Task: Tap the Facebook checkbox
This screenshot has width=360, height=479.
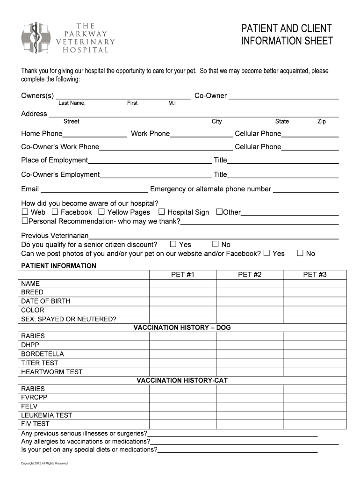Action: [x=55, y=212]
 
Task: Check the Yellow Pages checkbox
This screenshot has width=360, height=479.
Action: [x=101, y=212]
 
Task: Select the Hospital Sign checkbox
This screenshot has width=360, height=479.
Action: [x=162, y=212]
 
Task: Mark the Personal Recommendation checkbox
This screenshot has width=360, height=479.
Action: [x=25, y=220]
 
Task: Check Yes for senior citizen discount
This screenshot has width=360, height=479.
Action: [x=173, y=244]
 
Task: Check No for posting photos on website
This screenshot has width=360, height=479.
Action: [x=300, y=253]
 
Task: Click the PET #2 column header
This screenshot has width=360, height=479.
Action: [x=249, y=275]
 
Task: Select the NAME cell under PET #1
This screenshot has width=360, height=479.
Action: [x=182, y=283]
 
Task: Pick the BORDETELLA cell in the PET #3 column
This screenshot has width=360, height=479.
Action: [x=314, y=354]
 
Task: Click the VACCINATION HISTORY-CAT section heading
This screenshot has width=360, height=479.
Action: [x=182, y=380]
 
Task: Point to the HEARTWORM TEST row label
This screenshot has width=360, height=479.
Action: [x=52, y=372]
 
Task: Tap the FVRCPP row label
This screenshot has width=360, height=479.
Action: [x=34, y=398]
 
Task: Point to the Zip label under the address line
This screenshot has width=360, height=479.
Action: [x=321, y=122]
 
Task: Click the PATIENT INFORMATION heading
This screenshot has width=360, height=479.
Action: [x=58, y=266]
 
